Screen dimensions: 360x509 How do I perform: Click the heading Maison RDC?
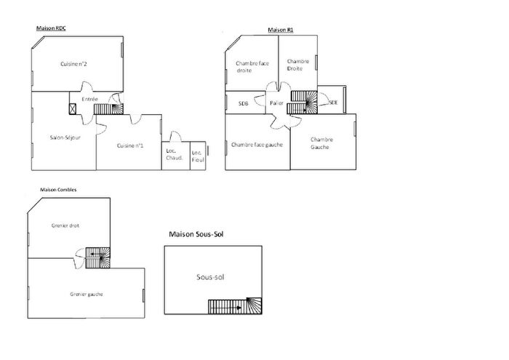coord(52,28)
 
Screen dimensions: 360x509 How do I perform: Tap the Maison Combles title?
coord(58,190)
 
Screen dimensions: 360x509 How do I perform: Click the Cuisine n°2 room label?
coord(74,64)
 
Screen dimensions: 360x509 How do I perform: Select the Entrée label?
coord(90,99)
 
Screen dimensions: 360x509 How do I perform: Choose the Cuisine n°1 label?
coord(130,146)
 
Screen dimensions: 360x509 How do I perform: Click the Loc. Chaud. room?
coord(175,155)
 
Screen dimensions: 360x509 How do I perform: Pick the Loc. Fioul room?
coord(196,155)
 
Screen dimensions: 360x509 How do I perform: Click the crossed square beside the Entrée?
coord(73,109)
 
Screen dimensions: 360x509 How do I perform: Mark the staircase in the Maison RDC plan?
coord(109,108)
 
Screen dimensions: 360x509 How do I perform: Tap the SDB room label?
coord(243,103)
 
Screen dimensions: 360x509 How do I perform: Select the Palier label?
coord(276,103)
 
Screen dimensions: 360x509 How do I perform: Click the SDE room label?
coord(333,103)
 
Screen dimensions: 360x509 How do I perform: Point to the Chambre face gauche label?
coord(257,144)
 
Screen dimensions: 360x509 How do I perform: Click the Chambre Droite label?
coord(298,65)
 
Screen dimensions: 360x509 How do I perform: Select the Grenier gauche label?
coord(86,294)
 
